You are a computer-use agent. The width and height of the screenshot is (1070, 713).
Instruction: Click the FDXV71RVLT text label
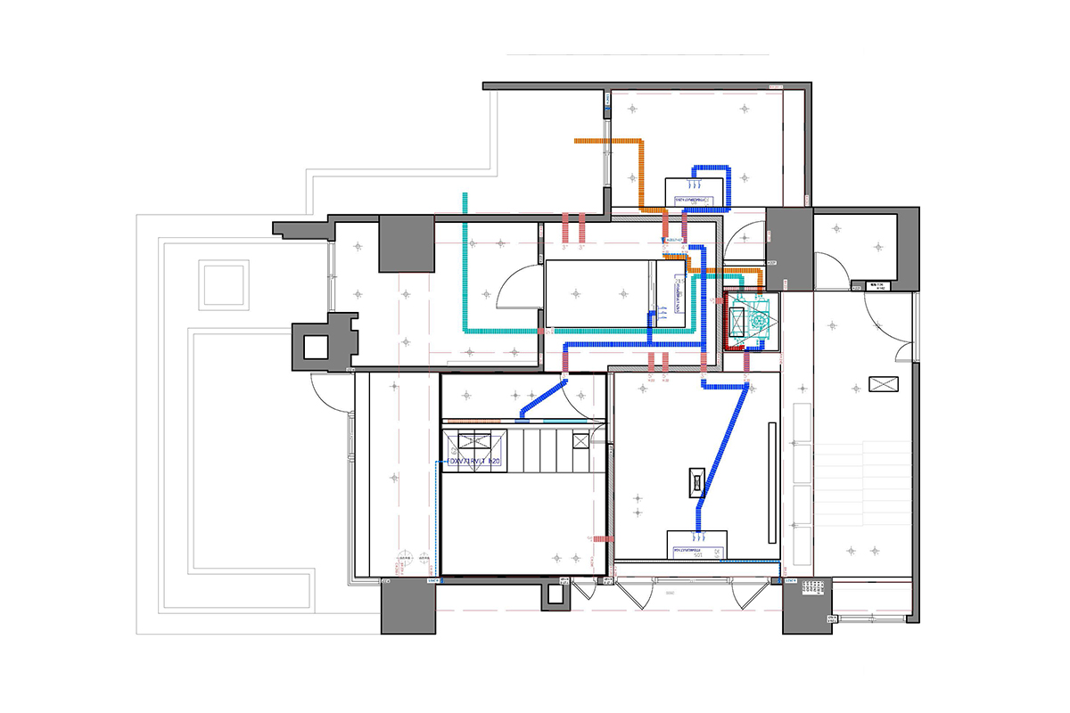[473, 462]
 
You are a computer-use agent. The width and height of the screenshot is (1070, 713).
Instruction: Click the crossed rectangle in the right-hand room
[884, 383]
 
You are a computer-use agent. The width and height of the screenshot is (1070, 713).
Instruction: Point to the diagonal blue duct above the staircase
[545, 398]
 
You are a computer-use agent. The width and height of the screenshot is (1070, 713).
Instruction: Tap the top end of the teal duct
[465, 198]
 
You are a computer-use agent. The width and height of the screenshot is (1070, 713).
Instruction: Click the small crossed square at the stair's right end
[580, 439]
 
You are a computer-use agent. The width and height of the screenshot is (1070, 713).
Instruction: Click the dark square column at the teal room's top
[407, 243]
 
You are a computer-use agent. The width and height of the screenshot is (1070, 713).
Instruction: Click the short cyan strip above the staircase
[558, 420]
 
